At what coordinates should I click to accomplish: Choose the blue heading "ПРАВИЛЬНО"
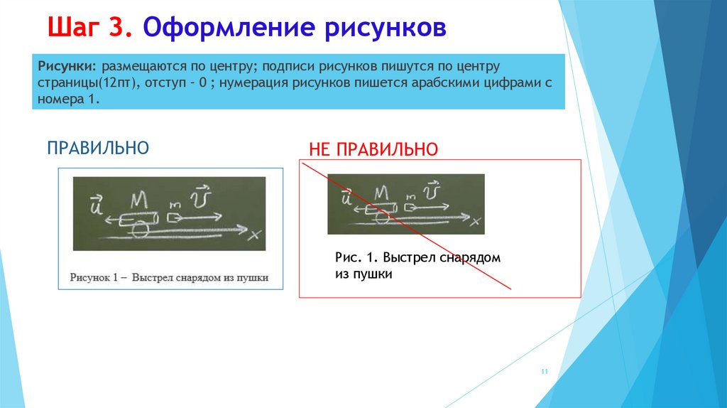[98, 149]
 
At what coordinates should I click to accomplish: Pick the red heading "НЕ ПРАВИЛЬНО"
[373, 150]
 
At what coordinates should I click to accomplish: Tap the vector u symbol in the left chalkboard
[94, 205]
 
